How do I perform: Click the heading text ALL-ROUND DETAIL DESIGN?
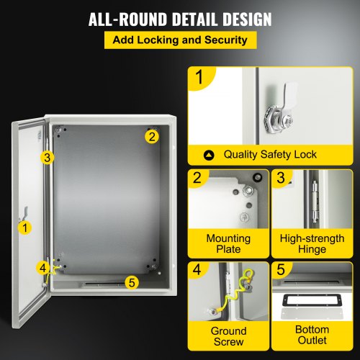[179, 19]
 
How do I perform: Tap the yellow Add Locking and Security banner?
[180, 41]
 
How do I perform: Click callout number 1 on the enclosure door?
[26, 228]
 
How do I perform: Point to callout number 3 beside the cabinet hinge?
[46, 157]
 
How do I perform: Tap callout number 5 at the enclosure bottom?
[130, 282]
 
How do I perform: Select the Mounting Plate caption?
[228, 243]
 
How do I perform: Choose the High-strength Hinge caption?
[312, 243]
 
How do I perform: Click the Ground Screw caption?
[228, 336]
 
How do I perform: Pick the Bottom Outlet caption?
[312, 336]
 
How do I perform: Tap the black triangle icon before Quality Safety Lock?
[209, 154]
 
